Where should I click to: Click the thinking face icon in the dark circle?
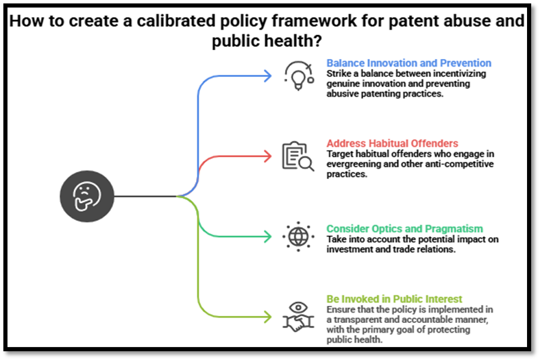tap(86, 196)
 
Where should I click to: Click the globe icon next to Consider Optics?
tap(298, 237)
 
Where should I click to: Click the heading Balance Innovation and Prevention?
tap(408, 63)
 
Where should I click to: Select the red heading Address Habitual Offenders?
tap(392, 143)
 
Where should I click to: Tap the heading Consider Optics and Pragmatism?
tap(404, 228)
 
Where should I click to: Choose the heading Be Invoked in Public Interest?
tap(394, 299)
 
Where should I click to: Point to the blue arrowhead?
tap(268, 75)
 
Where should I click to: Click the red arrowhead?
tap(268, 156)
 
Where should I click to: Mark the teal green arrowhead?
tap(268, 237)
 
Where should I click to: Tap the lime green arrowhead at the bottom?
tap(268, 317)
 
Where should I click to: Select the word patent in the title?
tap(392, 21)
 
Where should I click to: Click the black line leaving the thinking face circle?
tap(144, 196)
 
